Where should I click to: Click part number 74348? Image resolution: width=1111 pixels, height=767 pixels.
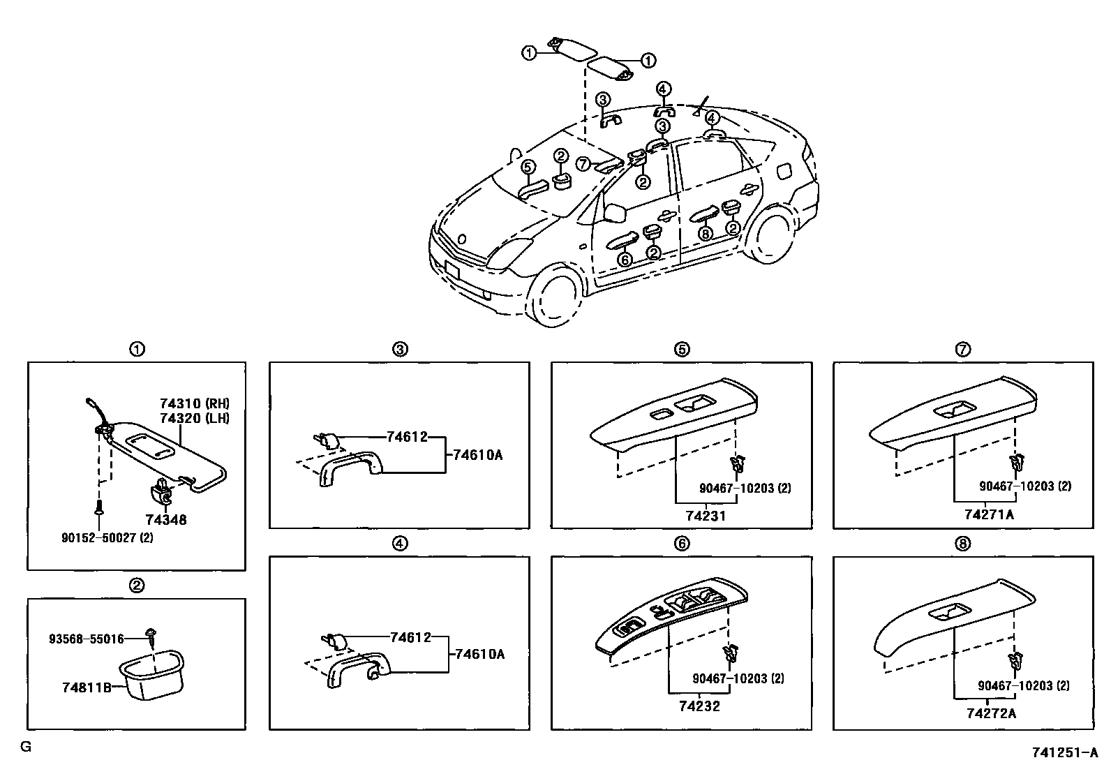(166, 520)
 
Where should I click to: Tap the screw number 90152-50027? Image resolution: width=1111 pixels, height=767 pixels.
(107, 537)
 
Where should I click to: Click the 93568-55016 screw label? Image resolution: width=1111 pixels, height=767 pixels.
(86, 639)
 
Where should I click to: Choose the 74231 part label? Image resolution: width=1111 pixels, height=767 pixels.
(705, 516)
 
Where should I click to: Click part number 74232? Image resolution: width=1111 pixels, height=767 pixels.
(699, 706)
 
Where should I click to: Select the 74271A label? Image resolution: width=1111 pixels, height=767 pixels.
(989, 514)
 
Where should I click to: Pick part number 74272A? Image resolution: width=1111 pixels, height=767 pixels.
(991, 713)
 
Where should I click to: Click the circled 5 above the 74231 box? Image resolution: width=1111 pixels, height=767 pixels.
(682, 350)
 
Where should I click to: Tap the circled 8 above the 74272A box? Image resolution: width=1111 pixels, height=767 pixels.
(962, 544)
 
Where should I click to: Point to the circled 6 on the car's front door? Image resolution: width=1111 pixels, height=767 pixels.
(625, 259)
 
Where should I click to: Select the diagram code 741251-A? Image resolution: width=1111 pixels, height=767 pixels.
(1064, 753)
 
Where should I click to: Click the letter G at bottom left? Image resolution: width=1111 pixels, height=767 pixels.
(26, 747)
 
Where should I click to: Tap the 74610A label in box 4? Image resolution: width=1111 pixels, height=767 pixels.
(479, 654)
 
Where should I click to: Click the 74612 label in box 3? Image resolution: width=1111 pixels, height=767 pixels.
(407, 436)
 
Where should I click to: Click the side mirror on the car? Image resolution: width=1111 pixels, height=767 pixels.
(615, 214)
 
